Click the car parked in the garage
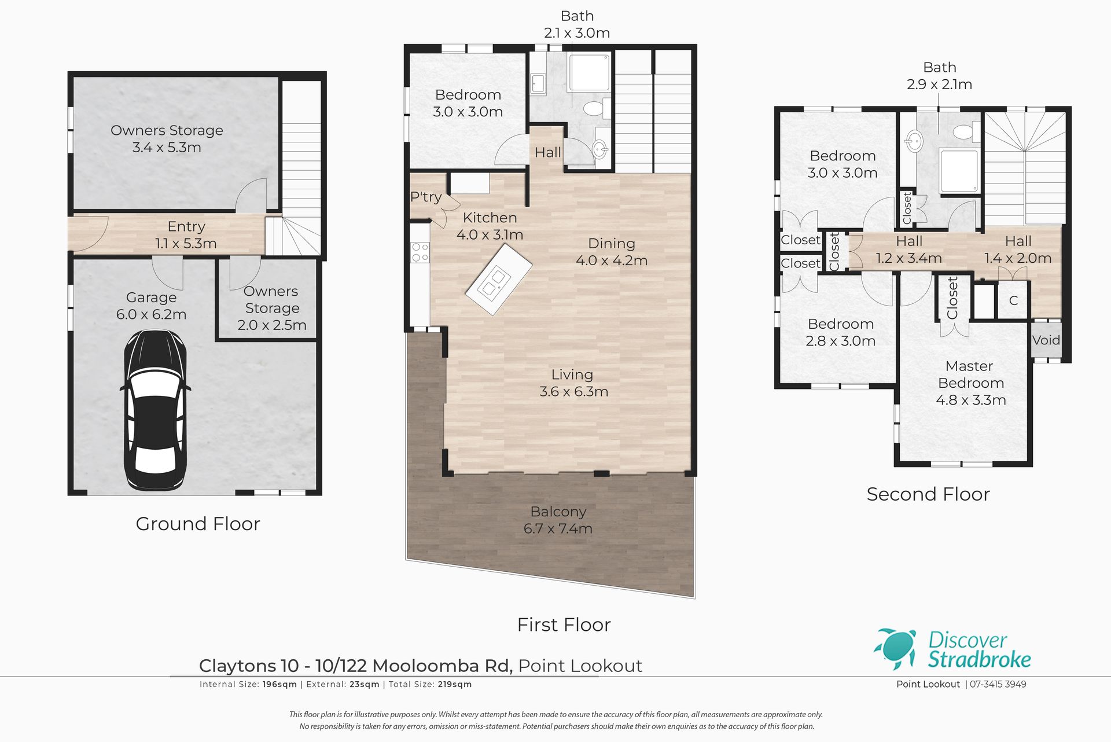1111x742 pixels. point(154,410)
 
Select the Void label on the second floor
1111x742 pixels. point(1046,340)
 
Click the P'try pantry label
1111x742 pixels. point(426,197)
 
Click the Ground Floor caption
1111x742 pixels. point(198,524)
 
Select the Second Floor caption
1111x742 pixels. point(928,494)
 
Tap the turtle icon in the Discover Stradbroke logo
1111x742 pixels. point(896,649)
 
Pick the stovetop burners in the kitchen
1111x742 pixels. point(420,252)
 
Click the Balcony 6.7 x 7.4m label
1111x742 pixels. point(558,520)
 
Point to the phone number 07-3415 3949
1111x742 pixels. point(998,684)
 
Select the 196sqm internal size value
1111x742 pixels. point(279,684)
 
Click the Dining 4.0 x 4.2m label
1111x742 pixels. point(612,252)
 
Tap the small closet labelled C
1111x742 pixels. point(1013,300)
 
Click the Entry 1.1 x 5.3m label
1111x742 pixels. point(186,234)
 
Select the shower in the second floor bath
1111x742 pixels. point(959,171)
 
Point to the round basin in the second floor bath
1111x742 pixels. point(915,141)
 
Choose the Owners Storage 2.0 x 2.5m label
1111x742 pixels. point(272,308)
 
